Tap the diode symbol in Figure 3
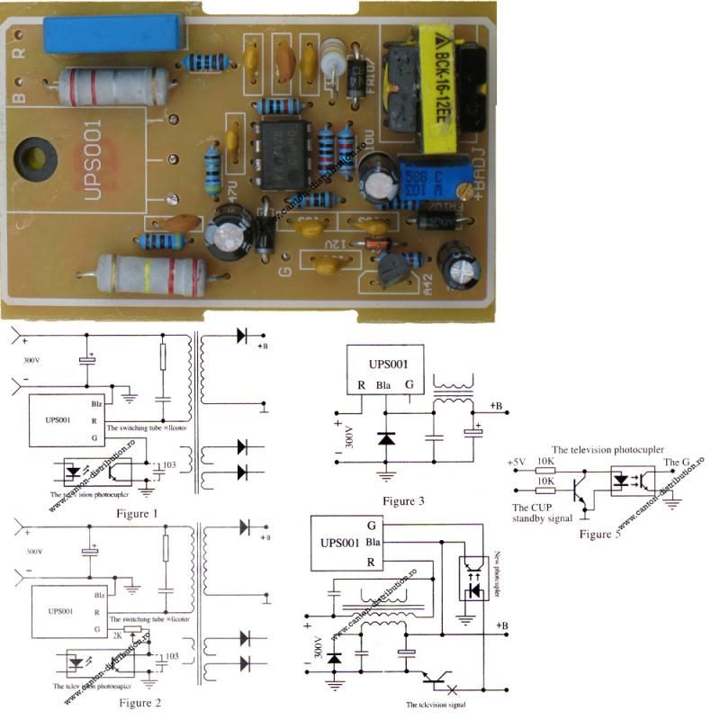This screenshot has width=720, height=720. (x=387, y=439)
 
